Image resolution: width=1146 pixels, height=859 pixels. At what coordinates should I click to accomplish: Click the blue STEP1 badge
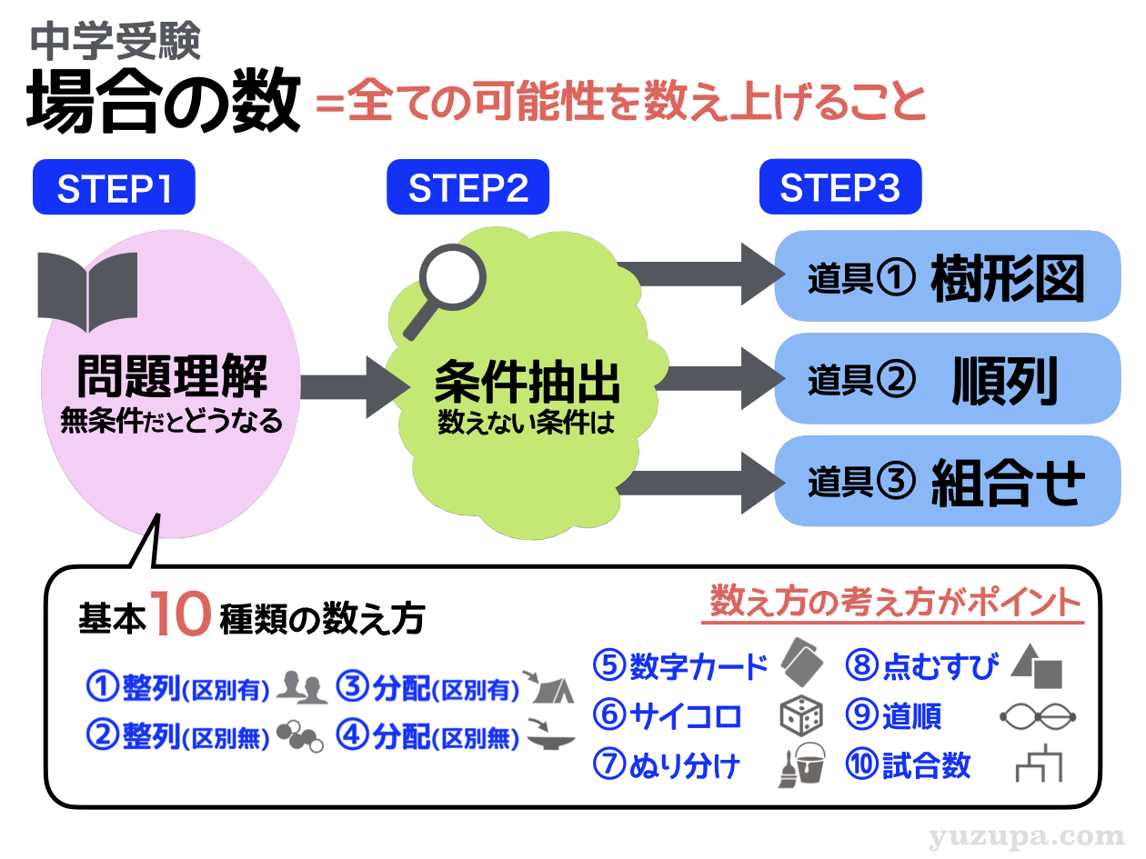[x=114, y=188]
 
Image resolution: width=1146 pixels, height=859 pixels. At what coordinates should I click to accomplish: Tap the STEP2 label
[x=467, y=188]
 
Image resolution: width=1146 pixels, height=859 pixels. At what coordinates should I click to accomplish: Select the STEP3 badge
[x=839, y=188]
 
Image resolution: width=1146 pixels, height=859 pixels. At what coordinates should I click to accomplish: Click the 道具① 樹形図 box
[x=946, y=276]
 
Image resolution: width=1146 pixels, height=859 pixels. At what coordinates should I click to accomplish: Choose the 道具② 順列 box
[x=946, y=379]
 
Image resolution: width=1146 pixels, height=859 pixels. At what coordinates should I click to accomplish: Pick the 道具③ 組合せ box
[x=946, y=481]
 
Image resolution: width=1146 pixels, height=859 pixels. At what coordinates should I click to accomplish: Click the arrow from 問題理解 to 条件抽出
[x=351, y=386]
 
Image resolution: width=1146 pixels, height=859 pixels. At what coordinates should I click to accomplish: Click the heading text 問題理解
[x=172, y=378]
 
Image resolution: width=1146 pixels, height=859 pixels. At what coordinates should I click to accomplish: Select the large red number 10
[x=182, y=616]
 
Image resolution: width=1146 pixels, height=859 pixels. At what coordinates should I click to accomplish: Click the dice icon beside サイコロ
[x=801, y=717]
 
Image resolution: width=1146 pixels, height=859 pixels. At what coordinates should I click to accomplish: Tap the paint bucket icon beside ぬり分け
[x=801, y=764]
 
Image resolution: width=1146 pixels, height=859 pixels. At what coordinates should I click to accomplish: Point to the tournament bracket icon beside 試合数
[x=1039, y=765]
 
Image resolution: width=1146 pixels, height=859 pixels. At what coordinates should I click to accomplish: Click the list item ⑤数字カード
[x=680, y=667]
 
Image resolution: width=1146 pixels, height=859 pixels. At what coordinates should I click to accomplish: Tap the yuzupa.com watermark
[x=1027, y=835]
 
